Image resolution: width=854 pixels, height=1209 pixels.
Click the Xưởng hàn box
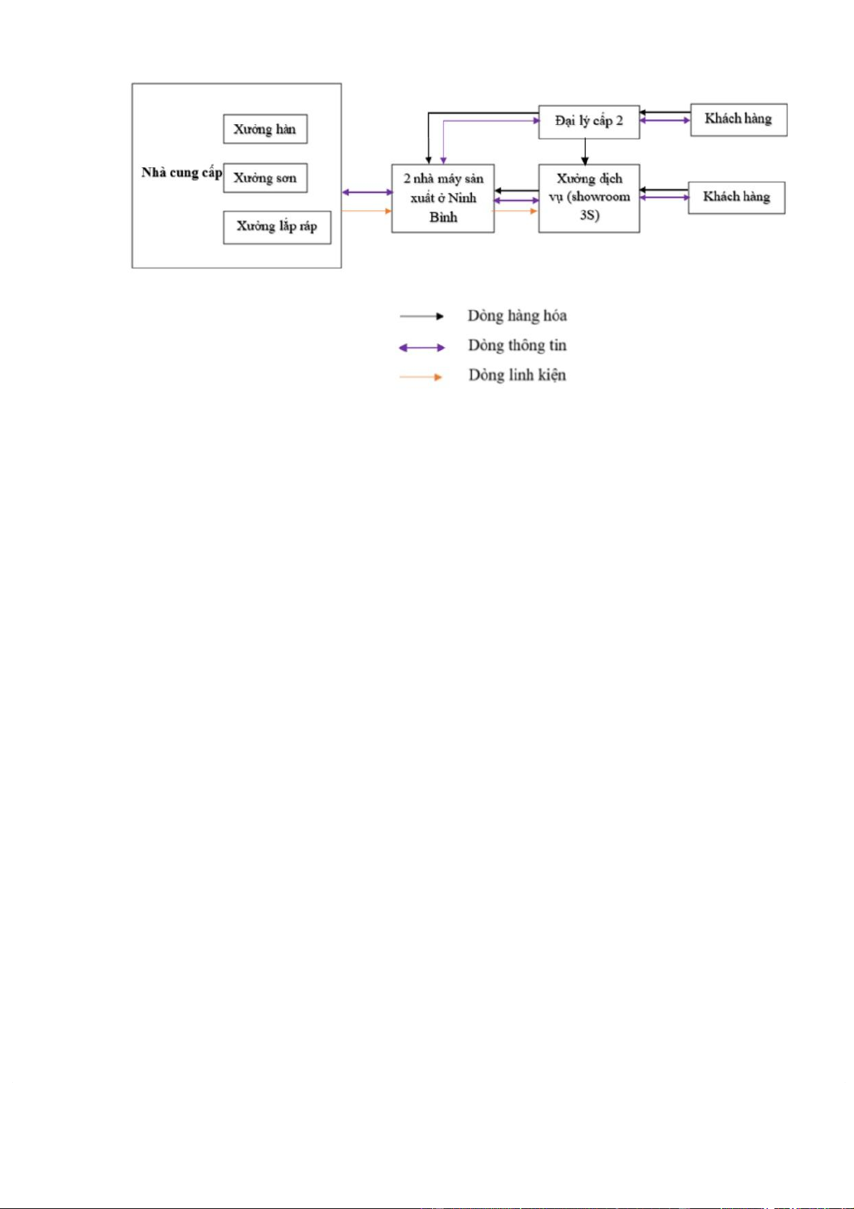265,129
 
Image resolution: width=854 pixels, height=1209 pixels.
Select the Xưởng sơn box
265,178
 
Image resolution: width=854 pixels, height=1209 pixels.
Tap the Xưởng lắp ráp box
277,227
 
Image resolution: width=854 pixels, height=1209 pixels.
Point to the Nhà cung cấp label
181,172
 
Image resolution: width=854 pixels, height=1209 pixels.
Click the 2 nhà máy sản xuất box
442,198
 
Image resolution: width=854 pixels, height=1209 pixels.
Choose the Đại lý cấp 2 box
589,121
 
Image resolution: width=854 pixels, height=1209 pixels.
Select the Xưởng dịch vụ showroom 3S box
589,197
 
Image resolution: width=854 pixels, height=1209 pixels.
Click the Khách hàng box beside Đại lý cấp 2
739,120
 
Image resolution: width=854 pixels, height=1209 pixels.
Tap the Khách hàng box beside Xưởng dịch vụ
736,197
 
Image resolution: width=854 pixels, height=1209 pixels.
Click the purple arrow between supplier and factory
367,192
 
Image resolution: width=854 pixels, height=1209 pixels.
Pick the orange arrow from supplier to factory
367,211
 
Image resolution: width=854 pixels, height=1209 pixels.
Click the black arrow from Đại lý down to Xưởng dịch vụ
585,151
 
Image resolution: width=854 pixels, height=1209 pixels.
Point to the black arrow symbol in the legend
422,316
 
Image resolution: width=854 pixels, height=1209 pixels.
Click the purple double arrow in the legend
422,347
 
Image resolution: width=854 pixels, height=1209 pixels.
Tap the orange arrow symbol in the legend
422,377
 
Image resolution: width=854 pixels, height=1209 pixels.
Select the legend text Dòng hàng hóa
517,316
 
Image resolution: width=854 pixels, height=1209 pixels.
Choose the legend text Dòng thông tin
517,346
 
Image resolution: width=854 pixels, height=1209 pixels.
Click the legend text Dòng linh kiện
517,375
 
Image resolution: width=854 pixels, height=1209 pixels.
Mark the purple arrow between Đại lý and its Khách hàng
665,121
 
